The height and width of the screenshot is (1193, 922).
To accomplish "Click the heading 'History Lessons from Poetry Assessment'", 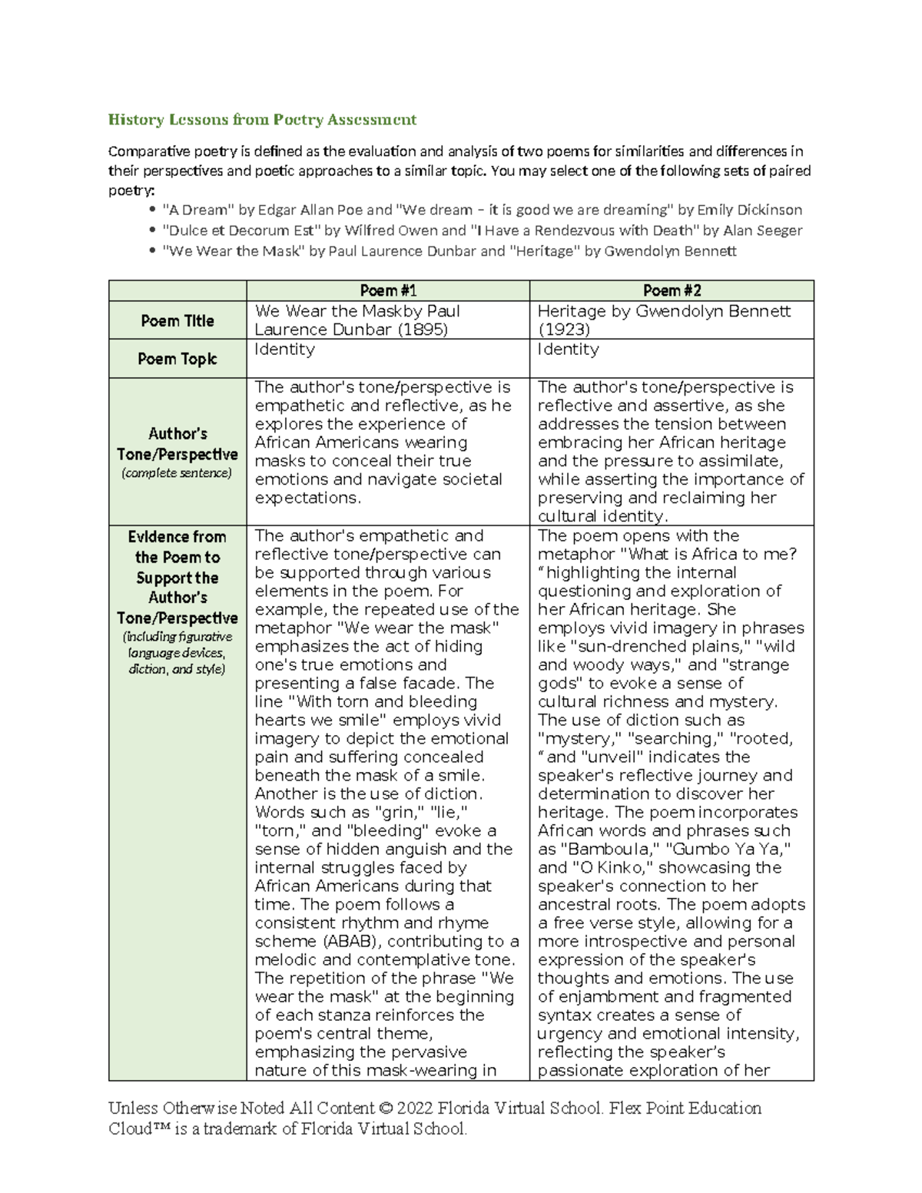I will [262, 119].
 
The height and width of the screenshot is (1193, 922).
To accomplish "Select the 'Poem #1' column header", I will [388, 290].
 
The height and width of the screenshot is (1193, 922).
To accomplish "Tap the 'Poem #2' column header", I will [671, 290].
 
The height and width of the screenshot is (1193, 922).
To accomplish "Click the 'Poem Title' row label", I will [177, 320].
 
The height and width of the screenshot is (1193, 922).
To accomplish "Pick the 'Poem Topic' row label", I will [177, 359].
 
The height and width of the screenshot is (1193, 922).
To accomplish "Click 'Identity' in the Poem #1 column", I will [284, 350].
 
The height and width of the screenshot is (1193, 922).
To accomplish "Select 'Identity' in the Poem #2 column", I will [568, 350].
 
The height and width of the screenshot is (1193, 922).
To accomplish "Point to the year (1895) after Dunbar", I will [421, 330].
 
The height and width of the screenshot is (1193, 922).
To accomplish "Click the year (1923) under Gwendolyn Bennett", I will [564, 330].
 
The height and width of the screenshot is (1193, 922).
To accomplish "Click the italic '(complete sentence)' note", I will [177, 472].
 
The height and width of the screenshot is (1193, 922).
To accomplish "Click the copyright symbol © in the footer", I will [385, 1108].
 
